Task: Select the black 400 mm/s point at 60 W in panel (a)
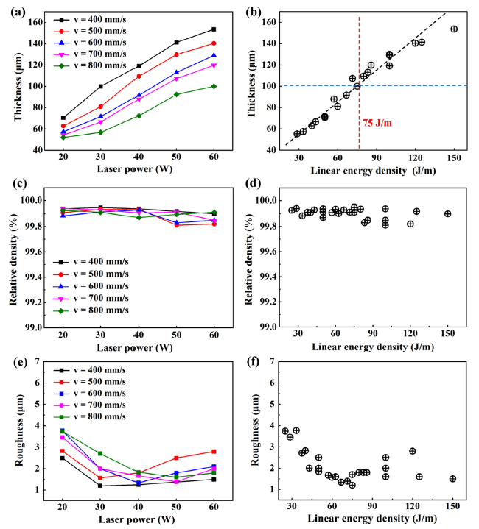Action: point(213,29)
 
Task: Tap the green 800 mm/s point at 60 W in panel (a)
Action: point(213,86)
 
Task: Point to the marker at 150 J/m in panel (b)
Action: point(454,29)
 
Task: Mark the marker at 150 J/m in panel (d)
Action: point(447,214)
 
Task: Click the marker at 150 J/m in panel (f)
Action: point(452,478)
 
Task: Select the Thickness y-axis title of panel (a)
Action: point(12,87)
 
